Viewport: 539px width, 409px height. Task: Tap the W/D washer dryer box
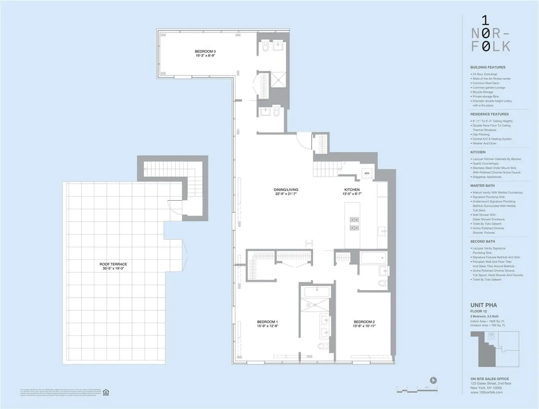pos(366,173)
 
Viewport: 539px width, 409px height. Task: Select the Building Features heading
pos(487,67)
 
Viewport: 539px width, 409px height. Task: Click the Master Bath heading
pos(482,185)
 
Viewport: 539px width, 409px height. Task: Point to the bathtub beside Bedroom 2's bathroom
pos(373,258)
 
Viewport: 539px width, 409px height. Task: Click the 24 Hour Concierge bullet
pos(485,74)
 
